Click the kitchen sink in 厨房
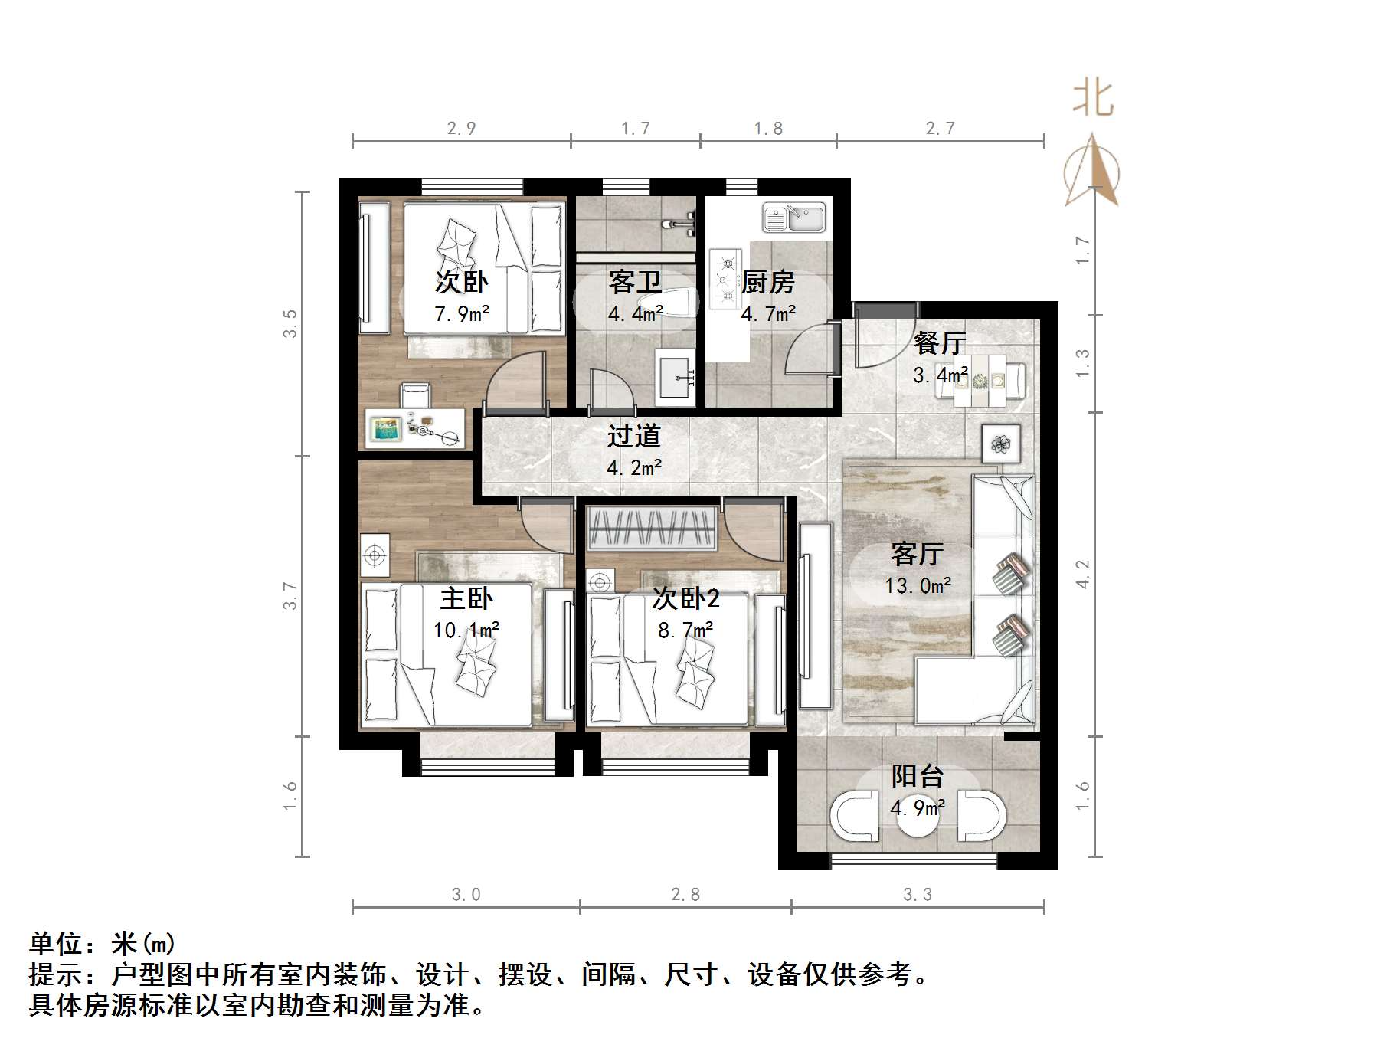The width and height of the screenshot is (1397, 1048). [793, 218]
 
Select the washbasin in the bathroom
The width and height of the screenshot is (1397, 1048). [675, 378]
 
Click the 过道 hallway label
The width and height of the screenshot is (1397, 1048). [633, 437]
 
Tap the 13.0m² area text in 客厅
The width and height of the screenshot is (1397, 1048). [918, 586]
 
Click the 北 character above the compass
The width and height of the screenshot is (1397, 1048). [1093, 100]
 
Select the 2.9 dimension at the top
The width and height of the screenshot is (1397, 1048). [461, 129]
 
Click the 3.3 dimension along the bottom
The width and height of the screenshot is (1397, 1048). [918, 894]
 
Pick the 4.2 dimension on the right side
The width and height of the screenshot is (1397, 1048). [1082, 574]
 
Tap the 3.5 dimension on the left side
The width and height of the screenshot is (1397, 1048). [290, 323]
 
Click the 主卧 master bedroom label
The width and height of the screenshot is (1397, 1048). [466, 598]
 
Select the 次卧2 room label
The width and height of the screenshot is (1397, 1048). [685, 598]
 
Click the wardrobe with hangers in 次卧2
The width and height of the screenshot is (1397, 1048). [652, 528]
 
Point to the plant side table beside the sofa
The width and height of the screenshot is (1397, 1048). [1001, 444]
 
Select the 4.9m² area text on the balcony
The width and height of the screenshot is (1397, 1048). [918, 807]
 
